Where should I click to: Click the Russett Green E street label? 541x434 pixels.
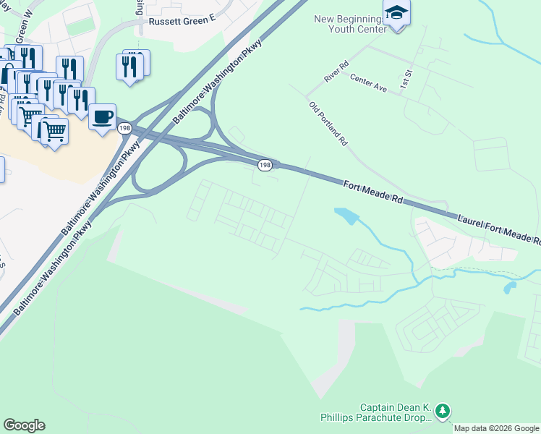[x=183, y=22]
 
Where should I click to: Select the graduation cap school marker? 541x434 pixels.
[x=396, y=13]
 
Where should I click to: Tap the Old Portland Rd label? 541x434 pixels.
[x=328, y=124]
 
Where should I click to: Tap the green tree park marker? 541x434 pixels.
[x=442, y=412]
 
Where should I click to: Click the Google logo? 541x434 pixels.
[x=24, y=425]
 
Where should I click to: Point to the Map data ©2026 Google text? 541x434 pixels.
[x=496, y=428]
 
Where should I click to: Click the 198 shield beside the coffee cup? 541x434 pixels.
[x=124, y=128]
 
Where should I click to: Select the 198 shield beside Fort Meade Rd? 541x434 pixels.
[x=265, y=166]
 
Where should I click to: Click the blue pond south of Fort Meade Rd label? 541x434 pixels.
[x=346, y=216]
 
